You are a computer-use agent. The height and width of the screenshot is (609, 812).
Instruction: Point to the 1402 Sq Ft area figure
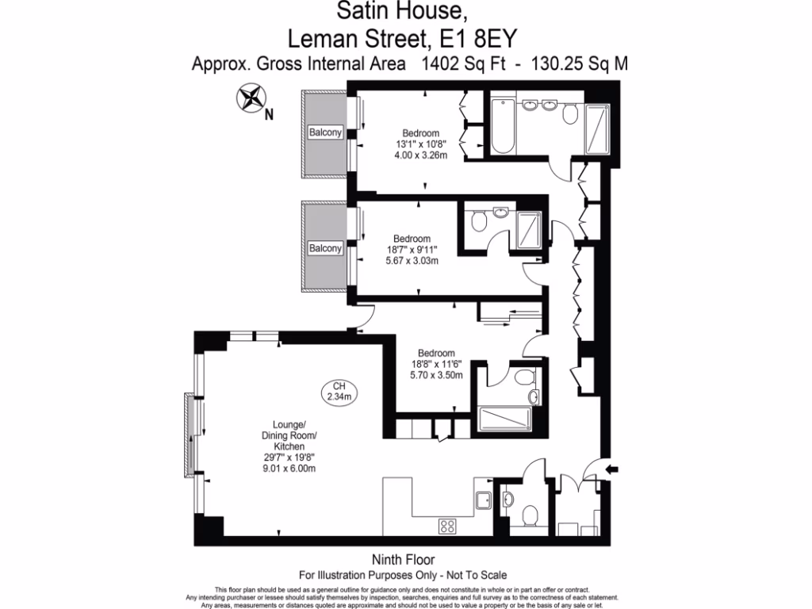click(458, 63)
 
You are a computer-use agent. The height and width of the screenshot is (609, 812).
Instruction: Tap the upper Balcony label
click(326, 132)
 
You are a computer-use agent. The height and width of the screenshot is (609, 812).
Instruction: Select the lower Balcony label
click(326, 248)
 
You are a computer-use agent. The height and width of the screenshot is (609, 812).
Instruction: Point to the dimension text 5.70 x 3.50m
click(436, 376)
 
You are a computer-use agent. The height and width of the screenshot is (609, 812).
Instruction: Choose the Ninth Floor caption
click(403, 560)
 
